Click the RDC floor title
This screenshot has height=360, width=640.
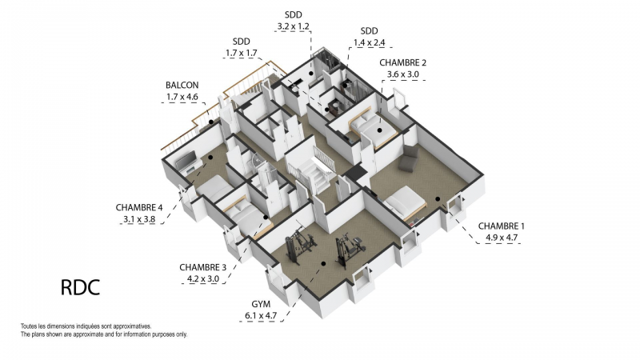click(x=81, y=288)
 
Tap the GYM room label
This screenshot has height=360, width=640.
click(x=261, y=304)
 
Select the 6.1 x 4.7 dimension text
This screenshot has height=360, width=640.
click(x=261, y=315)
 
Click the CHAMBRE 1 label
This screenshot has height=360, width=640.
click(x=502, y=226)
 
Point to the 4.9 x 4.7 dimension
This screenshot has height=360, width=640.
click(x=502, y=238)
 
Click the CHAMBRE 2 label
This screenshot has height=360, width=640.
click(x=403, y=62)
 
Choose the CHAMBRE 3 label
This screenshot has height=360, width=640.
click(x=203, y=267)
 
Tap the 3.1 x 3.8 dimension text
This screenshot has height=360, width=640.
click(x=139, y=219)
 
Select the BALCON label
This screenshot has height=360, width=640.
click(x=182, y=86)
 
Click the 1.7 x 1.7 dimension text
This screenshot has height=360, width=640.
click(x=242, y=53)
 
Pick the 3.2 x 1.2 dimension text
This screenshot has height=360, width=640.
click(x=293, y=26)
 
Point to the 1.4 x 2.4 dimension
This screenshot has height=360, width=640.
click(x=369, y=42)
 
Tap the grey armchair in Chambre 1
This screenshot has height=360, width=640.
click(x=409, y=158)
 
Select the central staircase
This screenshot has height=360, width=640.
click(x=312, y=170)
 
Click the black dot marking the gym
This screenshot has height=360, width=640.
click(x=323, y=264)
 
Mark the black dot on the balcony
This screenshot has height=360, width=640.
click(x=211, y=122)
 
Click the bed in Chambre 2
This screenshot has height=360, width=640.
click(x=372, y=128)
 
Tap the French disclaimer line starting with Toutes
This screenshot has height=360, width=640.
click(x=86, y=326)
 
